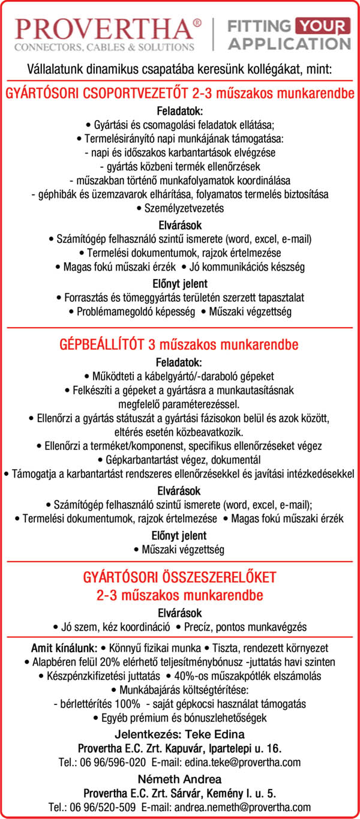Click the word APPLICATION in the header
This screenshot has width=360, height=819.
290,44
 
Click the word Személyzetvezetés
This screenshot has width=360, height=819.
180,208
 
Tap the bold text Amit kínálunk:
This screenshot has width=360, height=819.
64,649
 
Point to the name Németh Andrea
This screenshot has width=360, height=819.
179,779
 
